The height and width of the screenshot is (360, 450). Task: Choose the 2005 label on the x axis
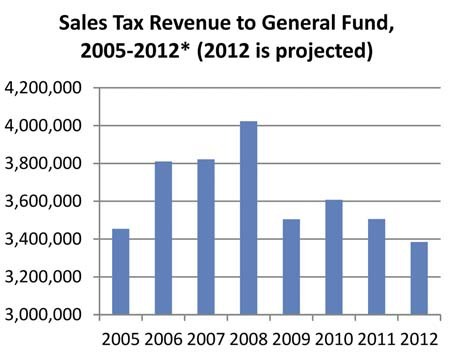click(x=120, y=340)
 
